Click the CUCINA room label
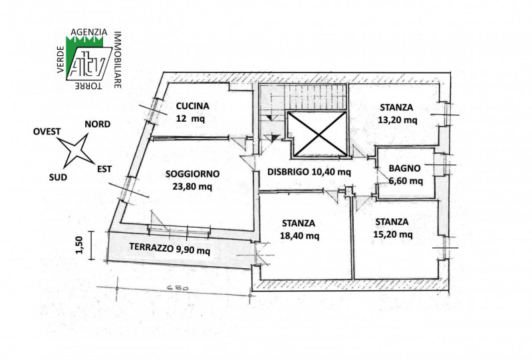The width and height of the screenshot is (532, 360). pos(192,106)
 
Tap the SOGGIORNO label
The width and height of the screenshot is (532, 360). pos(192,174)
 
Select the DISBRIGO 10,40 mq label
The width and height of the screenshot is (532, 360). pos(309,172)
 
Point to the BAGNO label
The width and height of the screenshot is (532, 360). pos(405,168)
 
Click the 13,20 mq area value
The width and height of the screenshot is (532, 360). pos(398,120)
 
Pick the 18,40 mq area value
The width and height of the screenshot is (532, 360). pos(300,236)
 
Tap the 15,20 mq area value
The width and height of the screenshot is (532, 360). pos(393,234)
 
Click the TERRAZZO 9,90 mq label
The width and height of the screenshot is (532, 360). pos(170,249)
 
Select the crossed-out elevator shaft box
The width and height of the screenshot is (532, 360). pos(317,134)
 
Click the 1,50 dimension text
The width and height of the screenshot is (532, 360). pos(79,245)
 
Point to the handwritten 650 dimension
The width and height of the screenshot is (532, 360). pos(178,288)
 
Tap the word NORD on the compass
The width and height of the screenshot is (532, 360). pos(97,124)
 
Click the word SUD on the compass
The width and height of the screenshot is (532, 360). pos(58,177)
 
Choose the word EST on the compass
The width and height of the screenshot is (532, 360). pos(104,169)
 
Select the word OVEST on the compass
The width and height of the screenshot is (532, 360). pos(47,132)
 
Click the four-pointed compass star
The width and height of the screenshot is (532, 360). pos(76,150)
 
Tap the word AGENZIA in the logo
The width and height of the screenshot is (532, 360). pos(89,32)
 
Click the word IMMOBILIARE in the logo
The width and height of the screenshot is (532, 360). pos(118,60)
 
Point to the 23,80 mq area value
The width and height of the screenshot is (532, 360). pos(192,186)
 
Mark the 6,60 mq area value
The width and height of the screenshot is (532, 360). pos(406,181)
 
